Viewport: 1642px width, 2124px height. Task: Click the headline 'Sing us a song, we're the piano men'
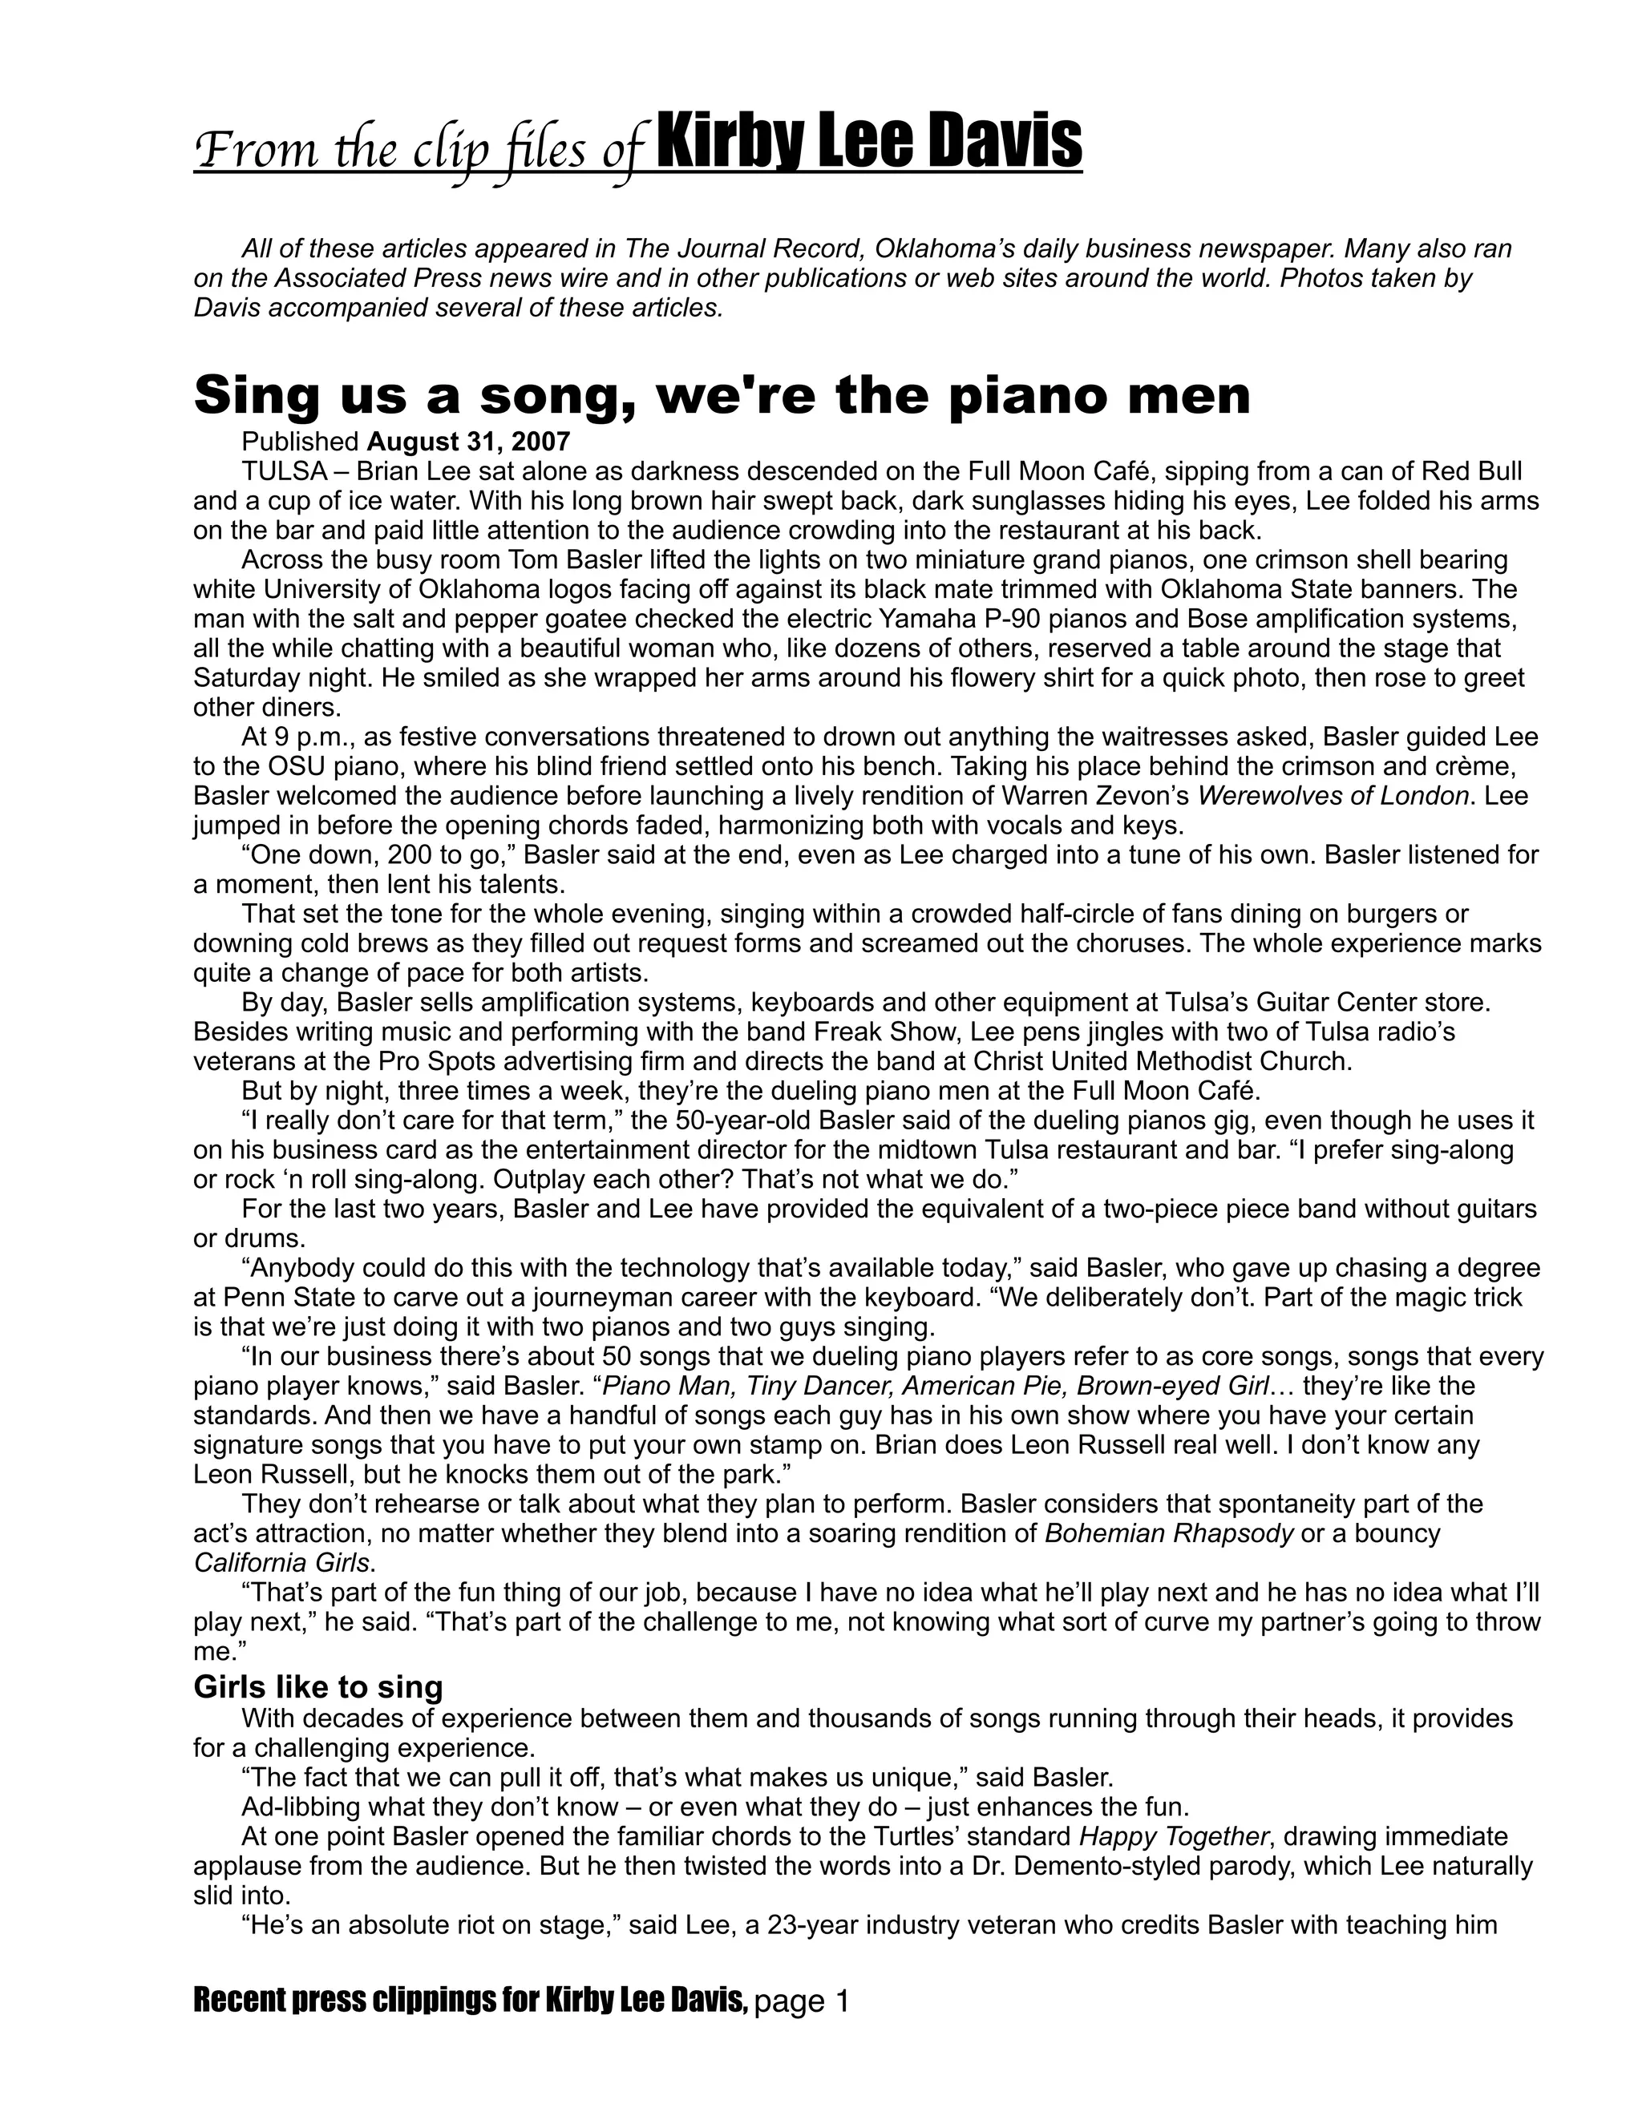[722, 396]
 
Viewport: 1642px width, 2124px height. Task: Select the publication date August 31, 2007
[468, 442]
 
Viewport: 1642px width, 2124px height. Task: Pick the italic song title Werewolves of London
[1333, 797]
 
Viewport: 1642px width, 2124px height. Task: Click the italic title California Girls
[282, 1563]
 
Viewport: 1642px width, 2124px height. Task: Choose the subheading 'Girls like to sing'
[318, 1686]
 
